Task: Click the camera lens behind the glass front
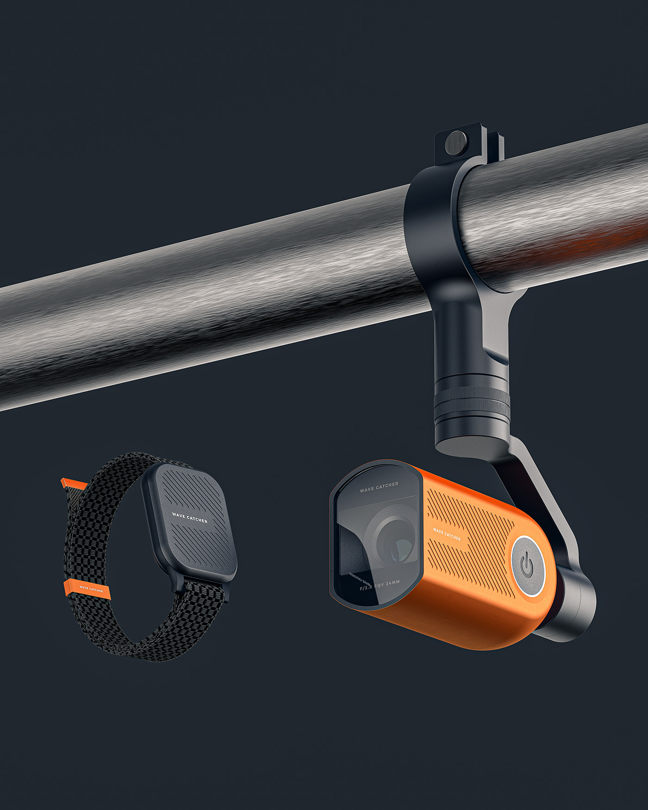coord(393,542)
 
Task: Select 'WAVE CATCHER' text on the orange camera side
coord(447,534)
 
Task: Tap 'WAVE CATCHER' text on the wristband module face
coord(190,517)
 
